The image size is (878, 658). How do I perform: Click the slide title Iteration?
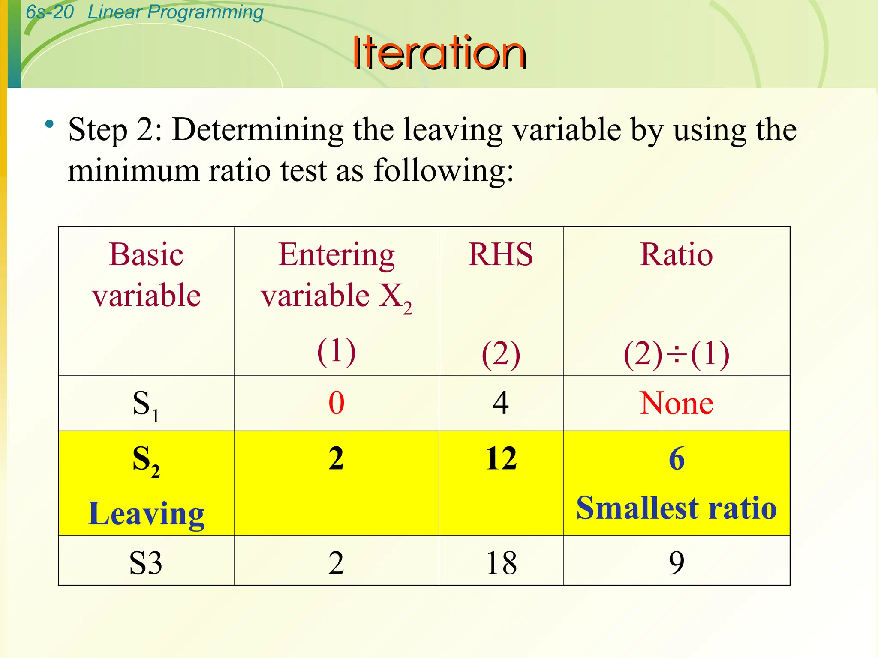click(x=439, y=53)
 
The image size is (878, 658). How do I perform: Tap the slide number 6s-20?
click(x=50, y=12)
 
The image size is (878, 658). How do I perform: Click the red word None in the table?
click(x=676, y=403)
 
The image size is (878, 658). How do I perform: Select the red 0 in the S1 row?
click(x=337, y=403)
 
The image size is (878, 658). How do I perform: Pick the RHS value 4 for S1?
click(x=501, y=403)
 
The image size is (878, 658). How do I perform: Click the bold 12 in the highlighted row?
click(x=501, y=458)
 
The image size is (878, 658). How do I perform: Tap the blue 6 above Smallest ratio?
click(x=677, y=458)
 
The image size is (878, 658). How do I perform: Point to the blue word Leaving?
click(x=146, y=513)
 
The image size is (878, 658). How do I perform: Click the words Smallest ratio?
click(x=676, y=508)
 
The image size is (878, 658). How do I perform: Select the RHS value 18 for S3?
click(x=501, y=563)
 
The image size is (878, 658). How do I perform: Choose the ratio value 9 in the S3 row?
click(x=677, y=563)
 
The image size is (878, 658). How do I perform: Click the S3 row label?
click(x=146, y=563)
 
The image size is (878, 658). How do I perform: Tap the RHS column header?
click(x=500, y=254)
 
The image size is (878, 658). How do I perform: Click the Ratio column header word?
click(x=676, y=254)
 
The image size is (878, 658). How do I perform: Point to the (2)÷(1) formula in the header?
click(x=676, y=354)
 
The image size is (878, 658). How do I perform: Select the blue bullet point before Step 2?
click(x=50, y=124)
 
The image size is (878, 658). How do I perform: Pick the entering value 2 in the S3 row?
click(x=337, y=563)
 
